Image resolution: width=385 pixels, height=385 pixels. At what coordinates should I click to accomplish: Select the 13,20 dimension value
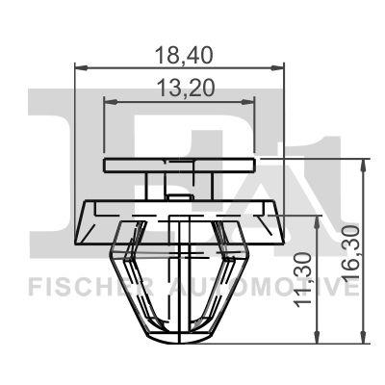[186, 89]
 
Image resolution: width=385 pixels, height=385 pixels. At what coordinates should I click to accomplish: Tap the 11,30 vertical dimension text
[303, 279]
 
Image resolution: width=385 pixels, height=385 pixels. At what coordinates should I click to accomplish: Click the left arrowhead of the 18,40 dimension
[81, 67]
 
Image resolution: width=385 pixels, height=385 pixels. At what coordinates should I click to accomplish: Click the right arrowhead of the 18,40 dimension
[277, 67]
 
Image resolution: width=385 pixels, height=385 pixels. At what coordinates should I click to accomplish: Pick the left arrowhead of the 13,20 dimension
[111, 102]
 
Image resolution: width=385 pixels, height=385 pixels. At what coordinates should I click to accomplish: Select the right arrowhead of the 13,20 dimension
[248, 102]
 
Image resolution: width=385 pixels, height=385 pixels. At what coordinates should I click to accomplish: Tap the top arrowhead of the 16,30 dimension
[363, 165]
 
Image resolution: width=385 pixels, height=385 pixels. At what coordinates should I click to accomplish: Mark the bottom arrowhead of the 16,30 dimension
[363, 337]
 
